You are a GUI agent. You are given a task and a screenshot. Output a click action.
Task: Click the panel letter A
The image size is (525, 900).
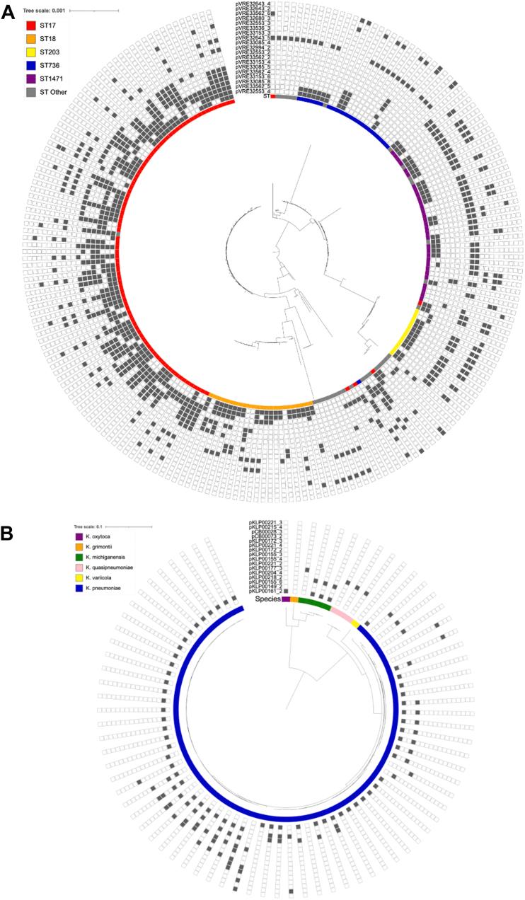[11, 12]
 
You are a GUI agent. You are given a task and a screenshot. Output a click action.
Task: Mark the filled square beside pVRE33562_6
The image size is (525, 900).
[272, 13]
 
